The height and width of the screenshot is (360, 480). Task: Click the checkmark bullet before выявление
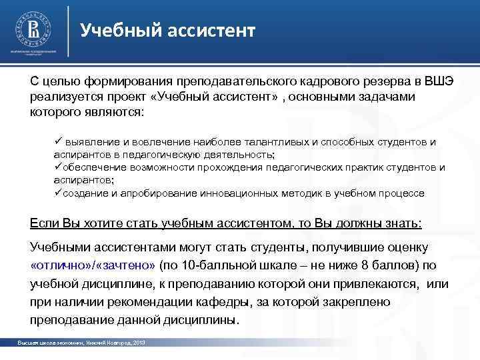coord(58,141)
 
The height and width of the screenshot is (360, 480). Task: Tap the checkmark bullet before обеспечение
coord(58,166)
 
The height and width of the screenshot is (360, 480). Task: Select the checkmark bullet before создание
coord(58,193)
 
